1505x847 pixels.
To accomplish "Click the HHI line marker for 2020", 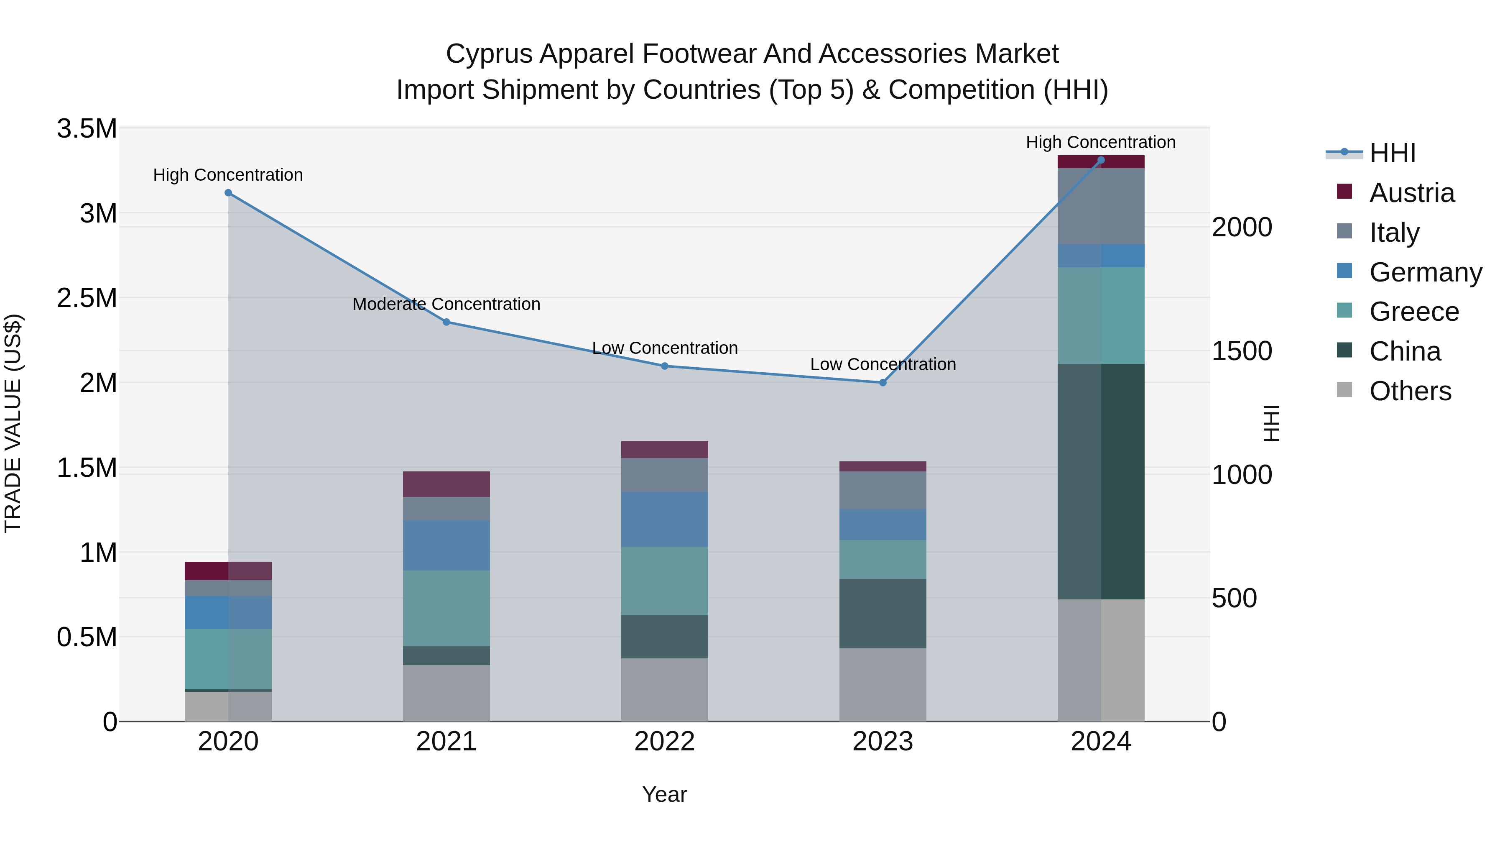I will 228,193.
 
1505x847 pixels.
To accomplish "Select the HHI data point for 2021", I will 446,322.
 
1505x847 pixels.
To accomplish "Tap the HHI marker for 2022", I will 664,366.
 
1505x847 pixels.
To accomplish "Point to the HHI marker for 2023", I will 883,383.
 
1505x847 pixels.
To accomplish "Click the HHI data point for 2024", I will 1101,160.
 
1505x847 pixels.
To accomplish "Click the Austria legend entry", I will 1411,193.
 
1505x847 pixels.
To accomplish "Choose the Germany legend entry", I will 1425,272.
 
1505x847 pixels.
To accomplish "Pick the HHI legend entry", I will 1392,153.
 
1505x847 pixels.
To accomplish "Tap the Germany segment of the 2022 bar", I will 664,519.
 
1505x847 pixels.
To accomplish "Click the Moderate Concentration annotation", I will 446,304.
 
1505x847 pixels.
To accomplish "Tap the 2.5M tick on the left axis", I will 87,298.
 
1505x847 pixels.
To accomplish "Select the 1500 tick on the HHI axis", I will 1242,351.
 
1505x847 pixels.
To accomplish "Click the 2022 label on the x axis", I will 664,741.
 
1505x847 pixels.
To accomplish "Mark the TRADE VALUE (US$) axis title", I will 13,424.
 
